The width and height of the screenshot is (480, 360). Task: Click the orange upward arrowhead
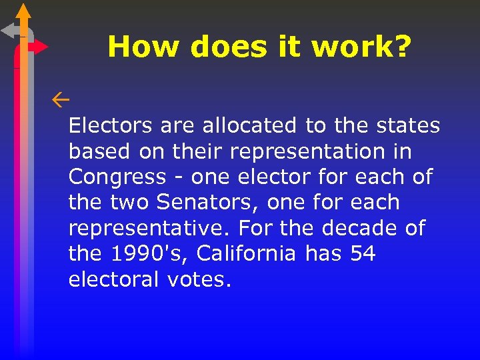pyautogui.click(x=23, y=11)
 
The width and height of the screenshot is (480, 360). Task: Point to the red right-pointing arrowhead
pyautogui.click(x=41, y=47)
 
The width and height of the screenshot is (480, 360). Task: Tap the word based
pyautogui.click(x=99, y=151)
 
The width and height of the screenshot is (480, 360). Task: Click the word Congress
pyautogui.click(x=117, y=177)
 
